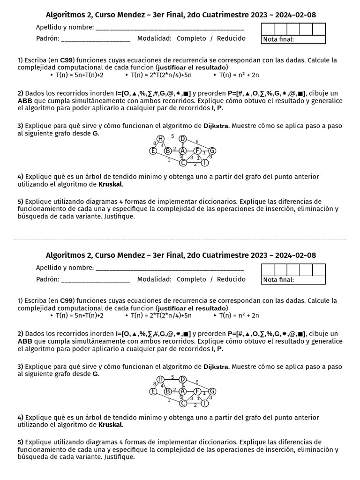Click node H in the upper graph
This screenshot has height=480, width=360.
[160, 138]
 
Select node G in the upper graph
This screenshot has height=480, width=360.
[212, 150]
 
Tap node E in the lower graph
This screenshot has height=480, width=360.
[153, 391]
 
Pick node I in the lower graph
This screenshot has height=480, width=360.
[205, 403]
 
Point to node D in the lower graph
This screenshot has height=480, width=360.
[183, 379]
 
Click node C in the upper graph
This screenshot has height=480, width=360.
[183, 163]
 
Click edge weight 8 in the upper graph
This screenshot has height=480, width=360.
[155, 143]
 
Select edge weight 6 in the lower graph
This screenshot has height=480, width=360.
[197, 382]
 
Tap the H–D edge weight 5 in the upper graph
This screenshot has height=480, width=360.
[172, 136]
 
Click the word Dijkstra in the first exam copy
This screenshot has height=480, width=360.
[216, 126]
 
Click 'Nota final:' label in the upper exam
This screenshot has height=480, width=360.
[278, 39]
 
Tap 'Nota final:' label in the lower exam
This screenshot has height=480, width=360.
[278, 280]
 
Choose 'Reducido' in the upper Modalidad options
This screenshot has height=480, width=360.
[231, 38]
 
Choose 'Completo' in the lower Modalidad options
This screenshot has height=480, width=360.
[191, 279]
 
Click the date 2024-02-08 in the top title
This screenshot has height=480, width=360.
[295, 15]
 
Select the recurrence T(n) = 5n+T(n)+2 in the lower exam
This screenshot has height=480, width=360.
[79, 315]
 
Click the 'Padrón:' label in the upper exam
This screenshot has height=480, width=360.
[47, 38]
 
